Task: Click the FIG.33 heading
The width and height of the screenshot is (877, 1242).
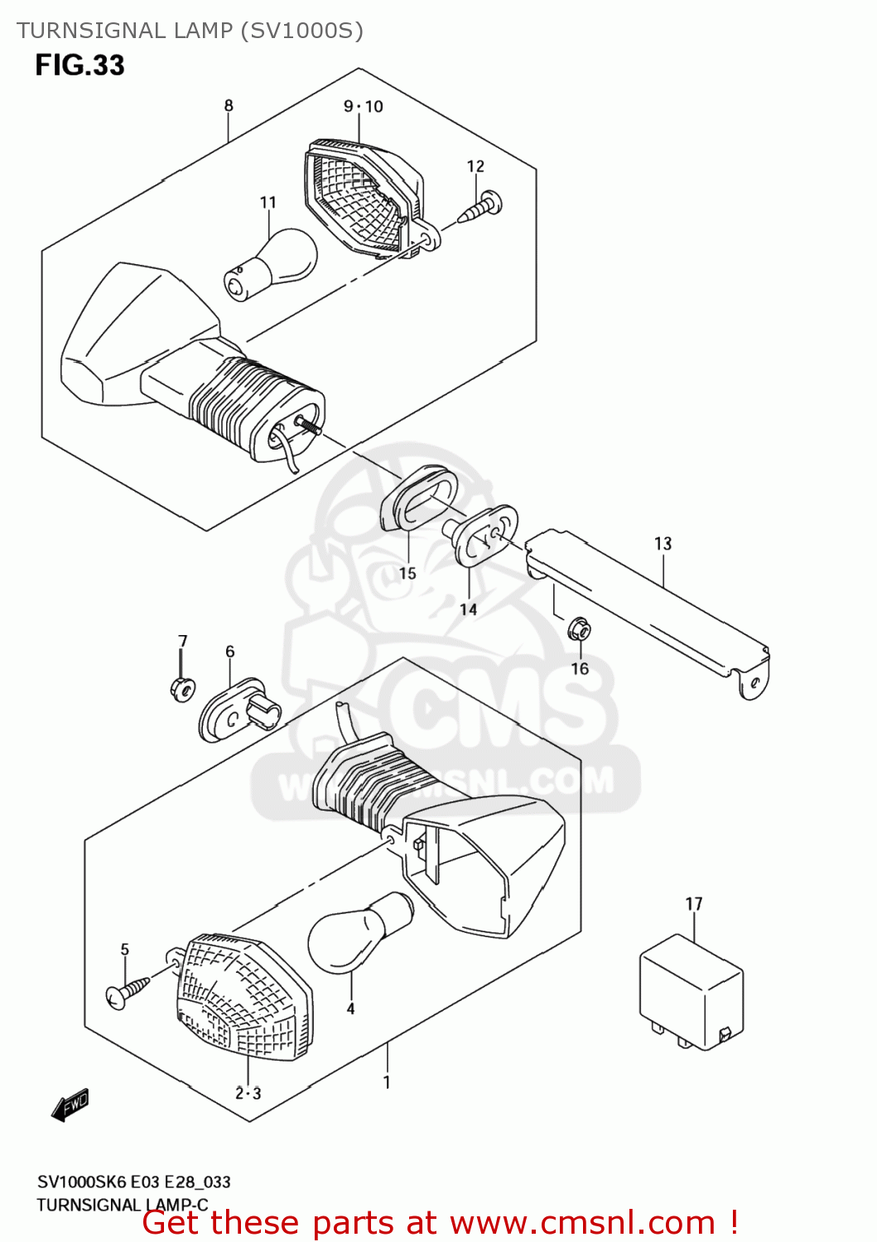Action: coord(80,65)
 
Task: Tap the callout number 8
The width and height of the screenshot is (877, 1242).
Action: coord(229,106)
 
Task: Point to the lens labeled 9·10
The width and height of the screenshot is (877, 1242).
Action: coord(364,200)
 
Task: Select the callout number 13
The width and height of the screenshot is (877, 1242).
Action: coord(663,544)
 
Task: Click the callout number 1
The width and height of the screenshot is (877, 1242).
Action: coord(387,1082)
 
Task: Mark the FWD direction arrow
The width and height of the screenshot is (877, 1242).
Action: coord(70,1105)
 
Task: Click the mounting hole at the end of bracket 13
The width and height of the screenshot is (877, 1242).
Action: coord(754,682)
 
